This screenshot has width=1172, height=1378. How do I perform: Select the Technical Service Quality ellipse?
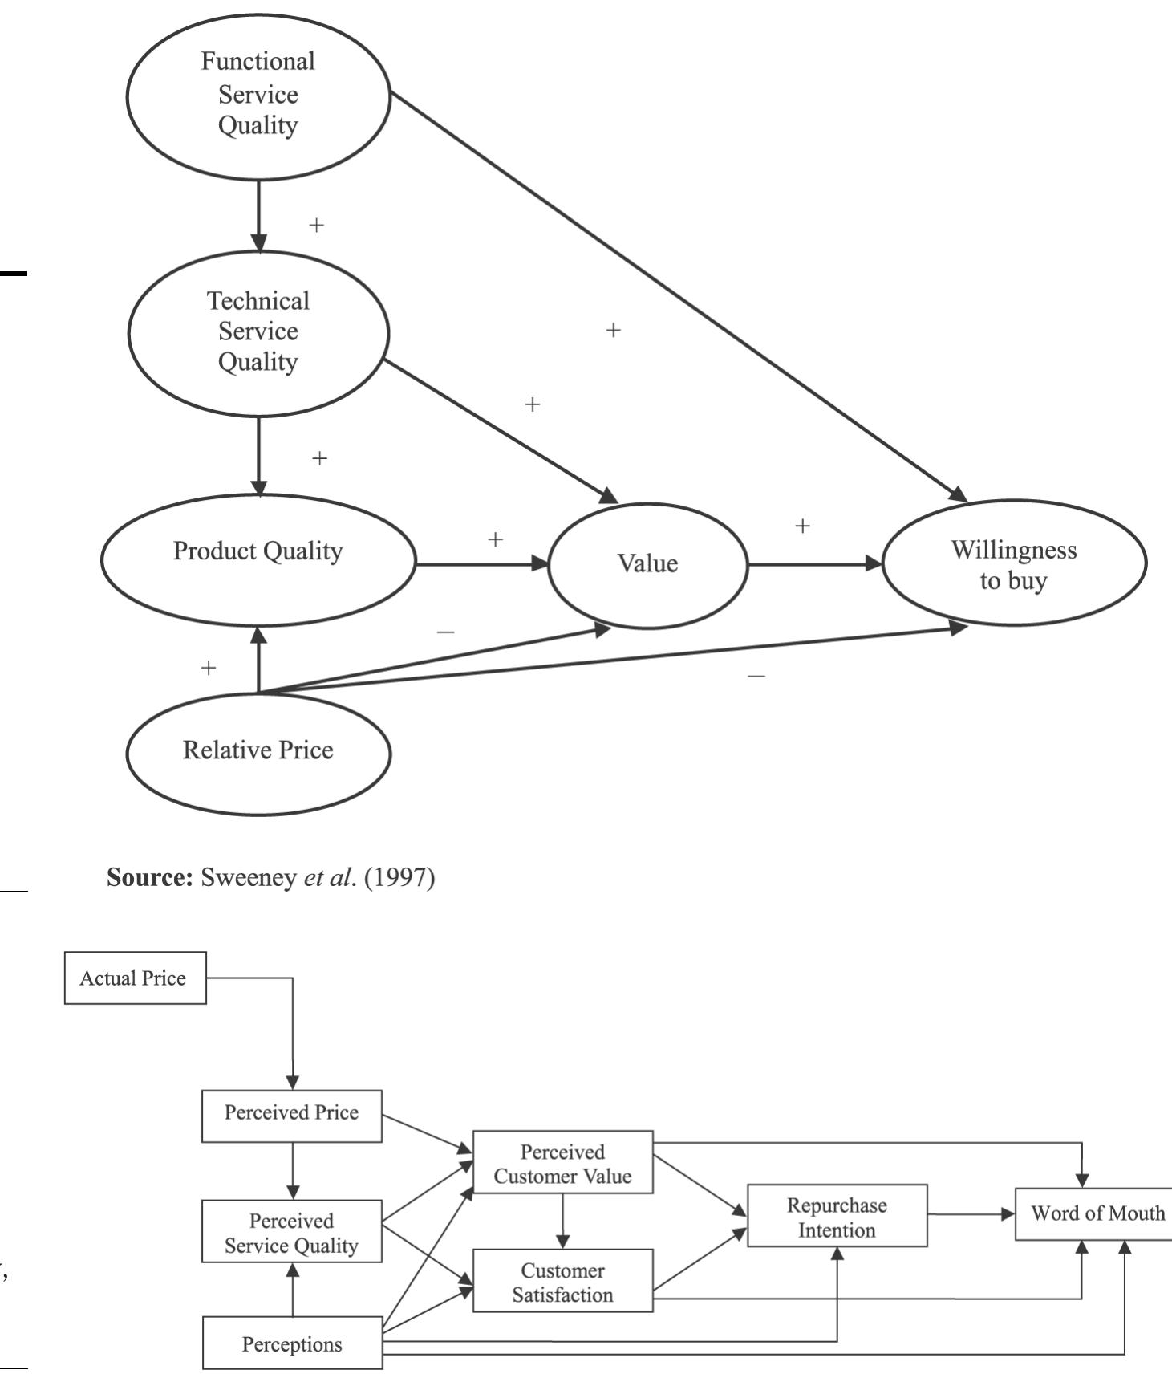pyautogui.click(x=258, y=332)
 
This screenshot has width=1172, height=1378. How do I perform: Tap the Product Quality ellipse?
pyautogui.click(x=258, y=559)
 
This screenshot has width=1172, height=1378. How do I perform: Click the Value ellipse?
pyautogui.click(x=647, y=564)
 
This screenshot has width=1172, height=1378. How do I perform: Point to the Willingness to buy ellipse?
pyautogui.click(x=1014, y=564)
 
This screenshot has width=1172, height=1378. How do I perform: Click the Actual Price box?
pyautogui.click(x=135, y=978)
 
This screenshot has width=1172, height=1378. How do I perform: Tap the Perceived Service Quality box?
pyautogui.click(x=291, y=1233)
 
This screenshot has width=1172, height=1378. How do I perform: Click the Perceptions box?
pyautogui.click(x=292, y=1343)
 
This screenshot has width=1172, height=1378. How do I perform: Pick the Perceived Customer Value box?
pyautogui.click(x=562, y=1163)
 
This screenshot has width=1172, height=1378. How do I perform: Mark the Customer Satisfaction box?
pyautogui.click(x=562, y=1282)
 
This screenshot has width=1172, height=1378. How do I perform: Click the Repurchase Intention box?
pyautogui.click(x=837, y=1217)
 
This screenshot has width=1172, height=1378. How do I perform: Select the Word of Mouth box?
pyautogui.click(x=1096, y=1213)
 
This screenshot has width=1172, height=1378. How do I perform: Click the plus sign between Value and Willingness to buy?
pyautogui.click(x=802, y=526)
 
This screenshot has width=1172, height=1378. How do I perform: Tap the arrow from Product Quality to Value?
pyautogui.click(x=481, y=564)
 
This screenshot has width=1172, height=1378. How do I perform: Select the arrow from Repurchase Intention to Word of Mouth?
pyautogui.click(x=971, y=1213)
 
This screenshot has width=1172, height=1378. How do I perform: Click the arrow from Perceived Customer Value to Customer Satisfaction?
pyautogui.click(x=562, y=1221)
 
